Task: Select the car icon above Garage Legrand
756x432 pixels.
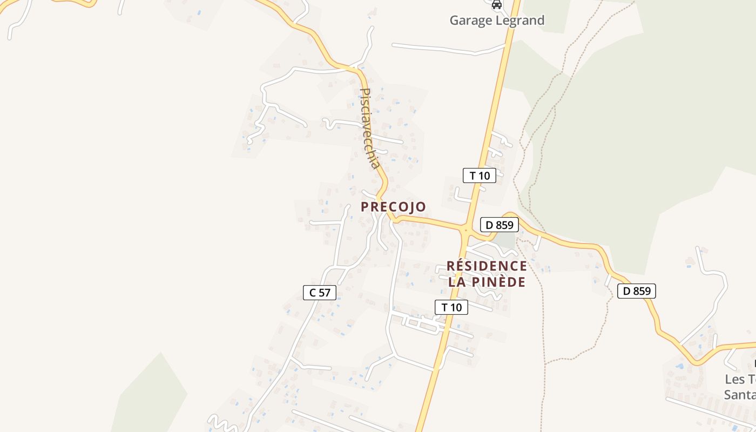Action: point(497,5)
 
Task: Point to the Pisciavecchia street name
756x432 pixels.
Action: point(371,129)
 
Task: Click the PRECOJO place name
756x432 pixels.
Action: point(393,207)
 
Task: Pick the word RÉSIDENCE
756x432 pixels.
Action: point(487,266)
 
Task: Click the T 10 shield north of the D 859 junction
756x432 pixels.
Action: point(479,175)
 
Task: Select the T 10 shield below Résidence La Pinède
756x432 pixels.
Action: point(451,307)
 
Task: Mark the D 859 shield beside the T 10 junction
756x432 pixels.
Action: point(499,225)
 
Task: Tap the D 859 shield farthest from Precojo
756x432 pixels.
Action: point(636,291)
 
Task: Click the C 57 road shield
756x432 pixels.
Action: point(320,293)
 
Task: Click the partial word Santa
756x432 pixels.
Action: point(740,395)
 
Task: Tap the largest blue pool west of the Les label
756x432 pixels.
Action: point(679,366)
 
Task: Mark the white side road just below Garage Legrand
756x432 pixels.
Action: point(448,49)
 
